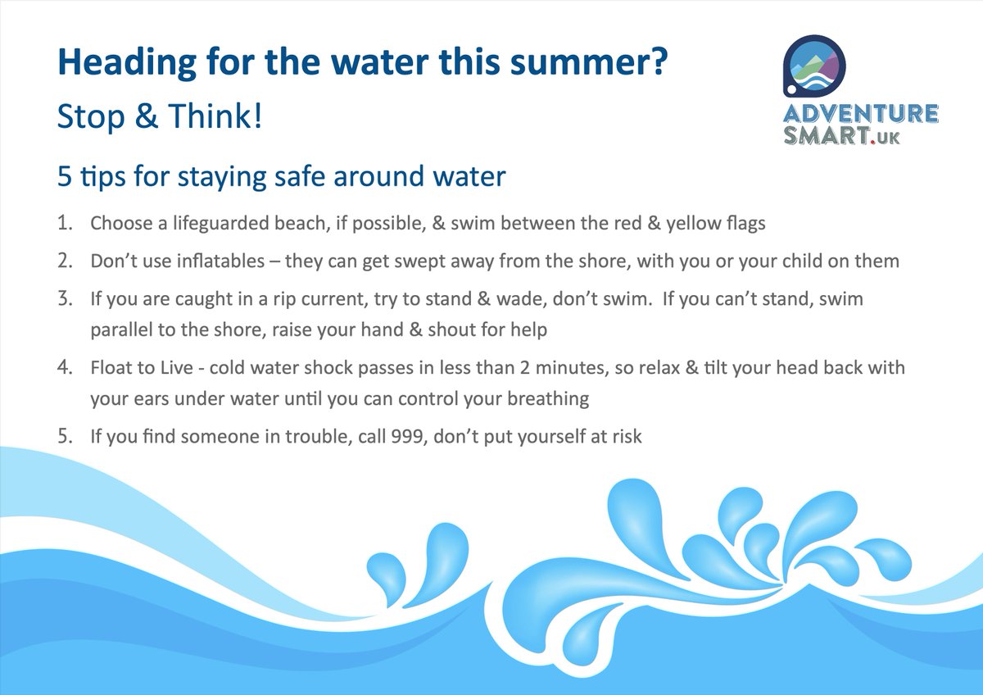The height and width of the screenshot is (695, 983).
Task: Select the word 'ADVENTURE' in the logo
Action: [x=859, y=114]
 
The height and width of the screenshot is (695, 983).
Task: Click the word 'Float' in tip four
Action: [x=111, y=368]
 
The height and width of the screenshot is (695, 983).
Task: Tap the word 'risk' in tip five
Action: [x=626, y=437]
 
